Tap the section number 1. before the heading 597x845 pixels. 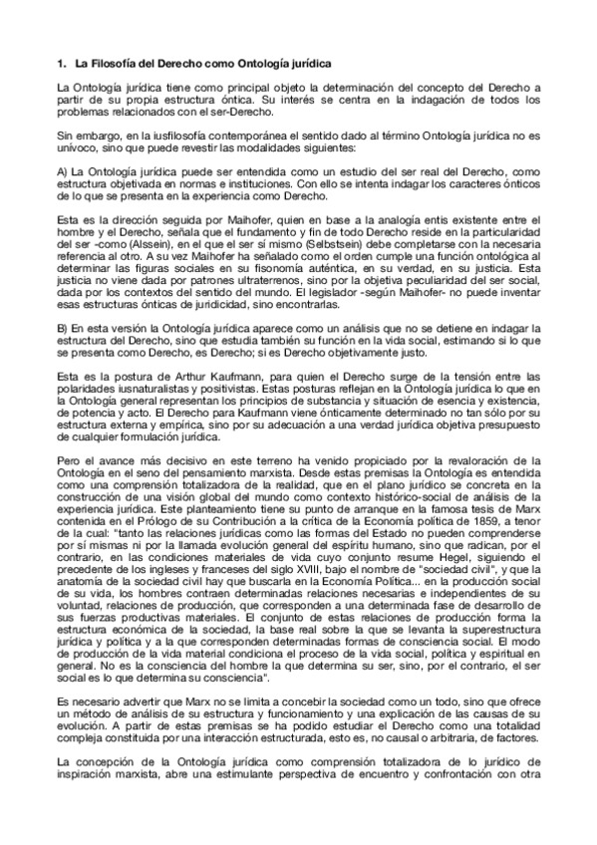point(63,64)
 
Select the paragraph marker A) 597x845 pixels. point(63,174)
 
